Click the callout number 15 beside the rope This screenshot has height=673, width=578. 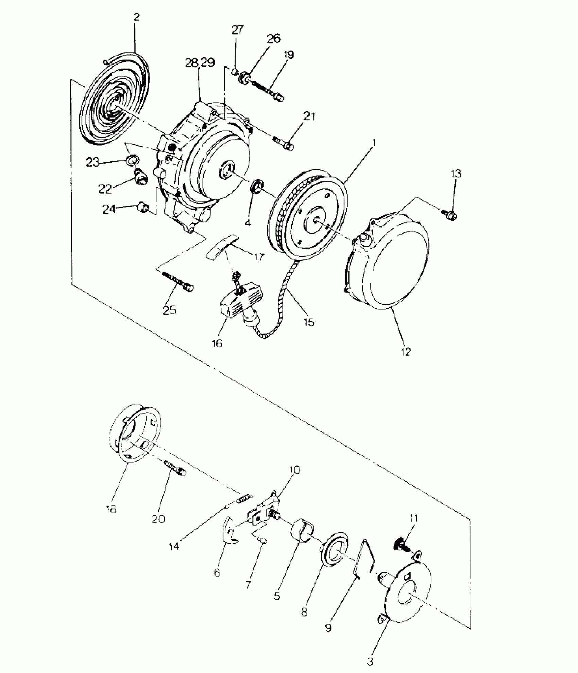tap(309, 321)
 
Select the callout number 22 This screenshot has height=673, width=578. tap(105, 189)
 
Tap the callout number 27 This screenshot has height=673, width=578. tap(238, 30)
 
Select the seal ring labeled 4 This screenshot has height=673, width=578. tap(256, 187)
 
